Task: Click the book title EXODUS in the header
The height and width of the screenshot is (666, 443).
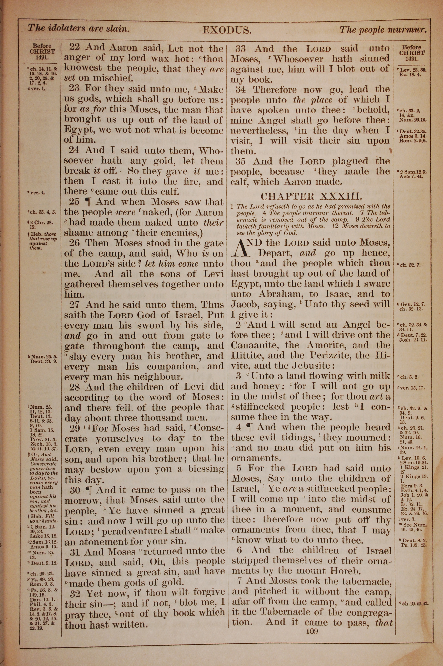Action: pos(227,30)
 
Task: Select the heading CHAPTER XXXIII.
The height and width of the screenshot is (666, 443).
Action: pos(311,196)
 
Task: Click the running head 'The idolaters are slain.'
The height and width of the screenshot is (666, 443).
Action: pos(79,29)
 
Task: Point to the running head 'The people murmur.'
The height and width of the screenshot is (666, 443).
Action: pos(383,30)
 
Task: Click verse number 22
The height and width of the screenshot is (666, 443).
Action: pos(75,47)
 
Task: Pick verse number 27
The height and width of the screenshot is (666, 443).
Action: pos(75,305)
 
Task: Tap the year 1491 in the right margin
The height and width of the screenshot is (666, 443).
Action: pos(412,59)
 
